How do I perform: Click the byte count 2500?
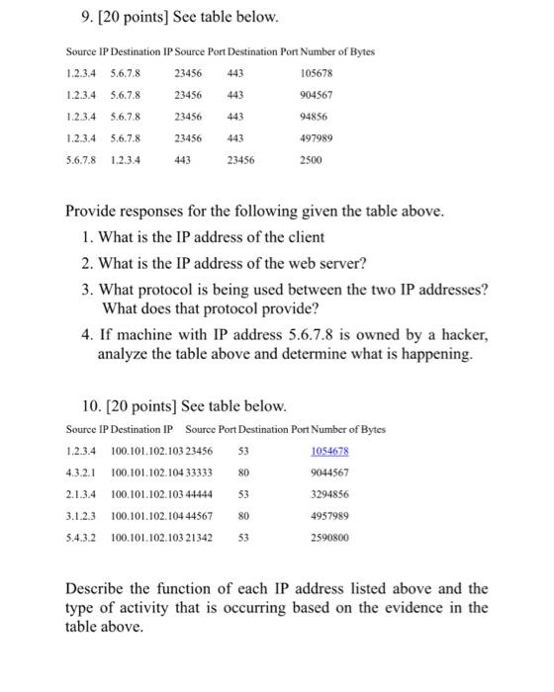(312, 162)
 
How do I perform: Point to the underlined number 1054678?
(330, 451)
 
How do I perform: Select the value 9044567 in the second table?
(330, 473)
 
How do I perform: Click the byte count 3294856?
(330, 494)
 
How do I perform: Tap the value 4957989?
(330, 516)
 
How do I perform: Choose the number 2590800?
(330, 538)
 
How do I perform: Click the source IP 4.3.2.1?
(80, 473)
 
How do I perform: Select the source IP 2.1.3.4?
(80, 494)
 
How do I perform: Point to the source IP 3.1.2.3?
(80, 516)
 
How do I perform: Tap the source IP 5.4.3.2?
(80, 538)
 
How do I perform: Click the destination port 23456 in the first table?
(240, 162)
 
